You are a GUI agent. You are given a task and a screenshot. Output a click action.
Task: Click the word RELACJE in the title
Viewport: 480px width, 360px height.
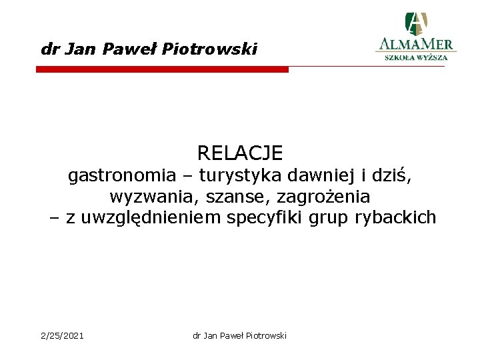(240, 153)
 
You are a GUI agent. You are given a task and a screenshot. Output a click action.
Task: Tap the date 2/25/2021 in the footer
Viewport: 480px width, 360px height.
(63, 335)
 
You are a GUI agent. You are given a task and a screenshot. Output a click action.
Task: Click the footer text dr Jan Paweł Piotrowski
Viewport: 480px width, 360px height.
(239, 335)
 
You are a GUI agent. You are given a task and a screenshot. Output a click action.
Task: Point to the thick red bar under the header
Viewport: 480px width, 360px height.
(162, 69)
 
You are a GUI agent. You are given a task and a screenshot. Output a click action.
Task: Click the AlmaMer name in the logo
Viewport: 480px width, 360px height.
(415, 45)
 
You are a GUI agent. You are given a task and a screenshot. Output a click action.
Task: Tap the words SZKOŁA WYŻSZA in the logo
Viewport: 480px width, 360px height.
(416, 57)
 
